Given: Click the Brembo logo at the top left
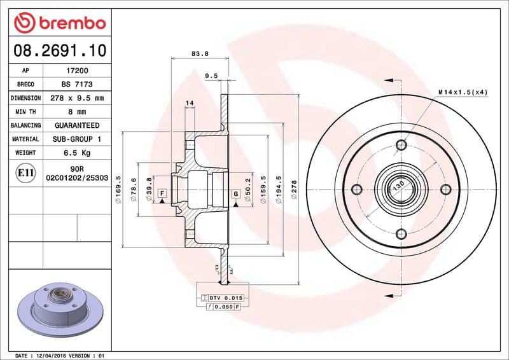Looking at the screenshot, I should pyautogui.click(x=59, y=24).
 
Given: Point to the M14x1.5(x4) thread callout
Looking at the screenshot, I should pyautogui.click(x=463, y=92).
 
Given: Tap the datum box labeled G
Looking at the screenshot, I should pyautogui.click(x=235, y=193).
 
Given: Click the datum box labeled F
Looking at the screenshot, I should pyautogui.click(x=163, y=193).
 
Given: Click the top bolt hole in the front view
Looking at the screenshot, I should pyautogui.click(x=401, y=145).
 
